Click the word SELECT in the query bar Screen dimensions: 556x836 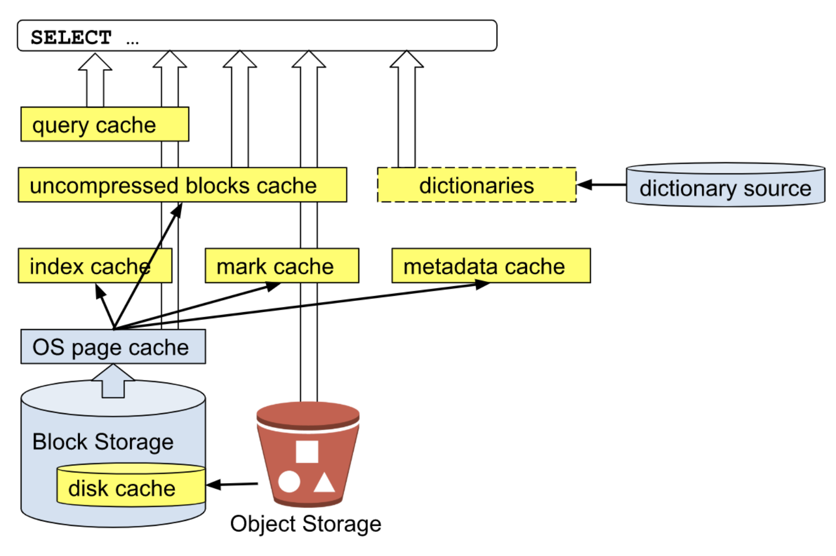coord(71,37)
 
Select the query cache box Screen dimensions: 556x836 coord(105,124)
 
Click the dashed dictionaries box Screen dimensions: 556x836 coord(477,185)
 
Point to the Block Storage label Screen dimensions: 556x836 coord(103,442)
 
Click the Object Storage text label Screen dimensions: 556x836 coord(306,524)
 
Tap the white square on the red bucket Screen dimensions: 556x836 coord(307,451)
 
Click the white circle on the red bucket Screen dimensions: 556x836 coord(289,482)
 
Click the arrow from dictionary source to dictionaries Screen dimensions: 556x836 coord(601,185)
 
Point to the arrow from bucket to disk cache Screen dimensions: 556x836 coord(232,484)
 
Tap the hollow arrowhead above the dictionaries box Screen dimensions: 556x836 coord(406,60)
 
